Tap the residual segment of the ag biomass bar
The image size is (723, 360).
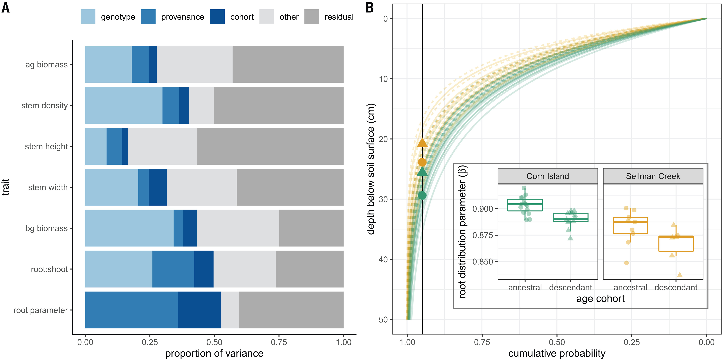(x=288, y=64)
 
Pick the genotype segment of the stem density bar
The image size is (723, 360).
(x=123, y=105)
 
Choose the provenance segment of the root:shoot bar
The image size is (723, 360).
(x=173, y=269)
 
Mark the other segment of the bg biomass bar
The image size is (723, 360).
(x=238, y=228)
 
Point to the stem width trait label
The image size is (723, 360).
(x=48, y=187)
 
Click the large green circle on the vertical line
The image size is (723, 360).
(x=422, y=195)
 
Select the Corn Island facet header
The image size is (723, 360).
(x=548, y=176)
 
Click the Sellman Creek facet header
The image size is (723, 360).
(x=653, y=176)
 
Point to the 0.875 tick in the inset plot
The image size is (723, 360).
(x=482, y=235)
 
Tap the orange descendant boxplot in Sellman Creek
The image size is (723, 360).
(x=676, y=243)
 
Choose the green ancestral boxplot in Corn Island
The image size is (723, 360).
(x=525, y=205)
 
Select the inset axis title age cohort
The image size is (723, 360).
(x=600, y=299)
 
